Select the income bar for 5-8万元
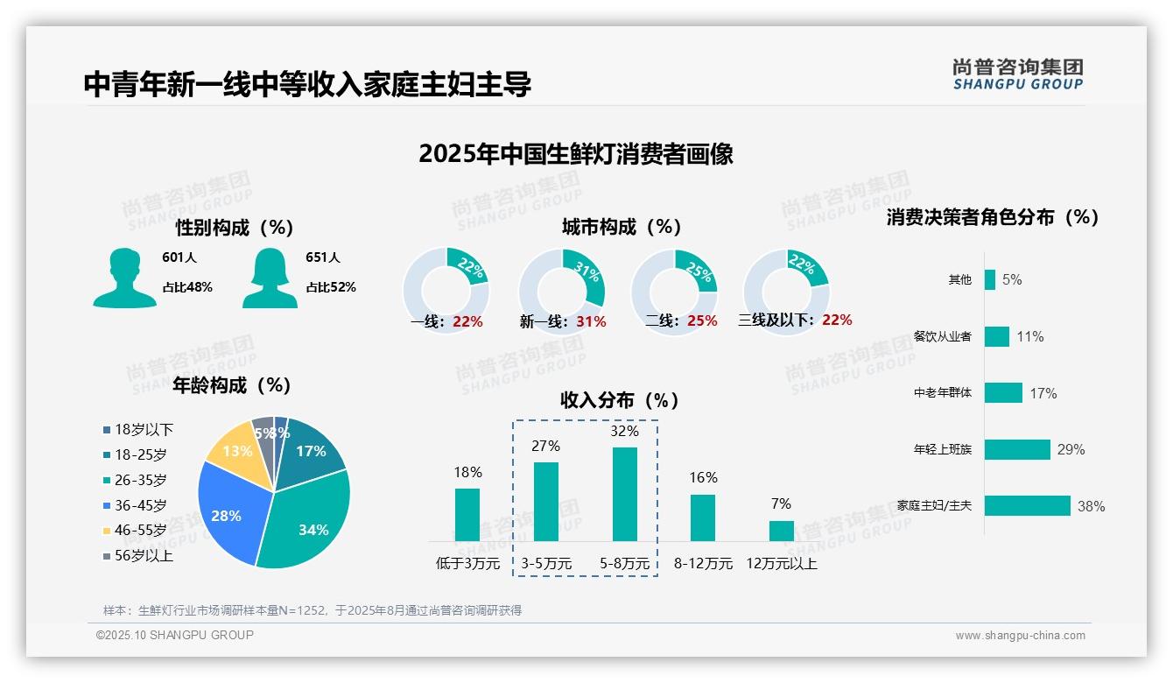(x=624, y=494)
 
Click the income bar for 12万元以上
(x=781, y=531)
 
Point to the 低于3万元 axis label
(x=467, y=563)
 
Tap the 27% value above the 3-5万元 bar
(x=545, y=446)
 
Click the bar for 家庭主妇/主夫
(x=1027, y=505)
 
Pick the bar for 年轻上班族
(x=1017, y=449)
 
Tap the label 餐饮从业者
(x=942, y=336)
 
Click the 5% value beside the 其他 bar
(x=1012, y=279)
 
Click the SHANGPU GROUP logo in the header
(x=1017, y=74)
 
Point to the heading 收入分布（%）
(x=620, y=400)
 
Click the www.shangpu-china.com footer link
(x=1020, y=635)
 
